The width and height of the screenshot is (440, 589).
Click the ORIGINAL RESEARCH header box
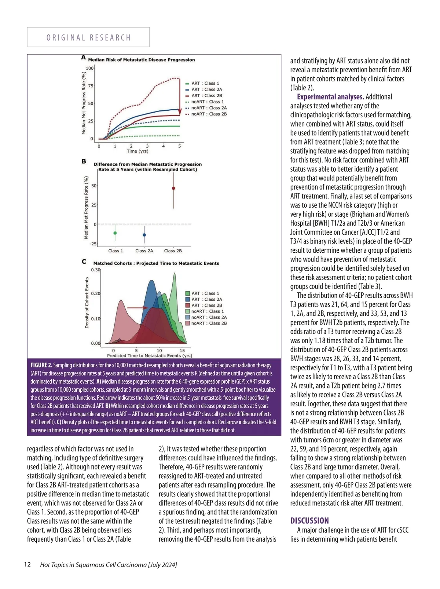(88, 37)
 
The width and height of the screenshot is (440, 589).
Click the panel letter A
(84, 58)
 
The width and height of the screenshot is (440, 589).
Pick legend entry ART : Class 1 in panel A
(205, 83)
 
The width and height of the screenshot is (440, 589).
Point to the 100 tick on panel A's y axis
(89, 68)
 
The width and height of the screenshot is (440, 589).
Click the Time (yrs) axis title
(137, 151)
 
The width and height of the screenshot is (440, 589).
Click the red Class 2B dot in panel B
(173, 189)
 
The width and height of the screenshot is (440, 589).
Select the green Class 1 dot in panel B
(115, 233)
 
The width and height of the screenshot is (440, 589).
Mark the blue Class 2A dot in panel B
(144, 235)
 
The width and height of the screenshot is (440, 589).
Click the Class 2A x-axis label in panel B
(144, 251)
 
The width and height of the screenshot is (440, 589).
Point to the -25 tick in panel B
(93, 244)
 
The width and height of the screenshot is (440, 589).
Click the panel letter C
(84, 262)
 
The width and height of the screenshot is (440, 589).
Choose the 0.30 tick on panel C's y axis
(95, 270)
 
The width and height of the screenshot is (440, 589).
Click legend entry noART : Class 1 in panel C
(207, 311)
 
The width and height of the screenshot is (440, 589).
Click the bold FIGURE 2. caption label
(41, 365)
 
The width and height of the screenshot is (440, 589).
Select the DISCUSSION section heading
(309, 521)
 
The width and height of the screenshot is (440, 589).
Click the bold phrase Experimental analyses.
(330, 97)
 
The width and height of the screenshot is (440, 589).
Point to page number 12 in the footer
(27, 564)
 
